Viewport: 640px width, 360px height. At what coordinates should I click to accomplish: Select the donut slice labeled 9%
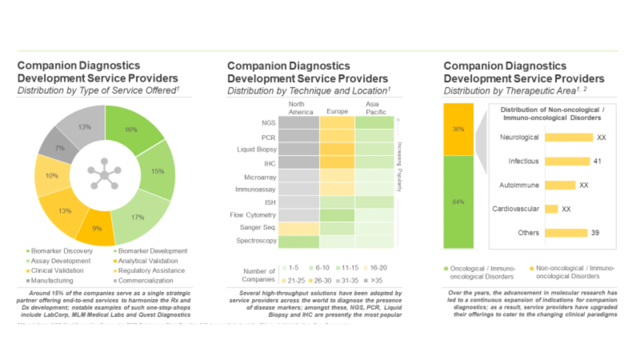tap(97, 228)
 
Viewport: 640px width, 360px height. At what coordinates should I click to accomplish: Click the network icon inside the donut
tap(104, 174)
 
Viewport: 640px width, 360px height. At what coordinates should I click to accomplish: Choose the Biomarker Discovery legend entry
tap(62, 251)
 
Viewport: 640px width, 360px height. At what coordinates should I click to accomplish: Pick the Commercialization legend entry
tap(145, 281)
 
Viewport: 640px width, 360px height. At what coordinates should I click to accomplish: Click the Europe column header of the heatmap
tap(337, 111)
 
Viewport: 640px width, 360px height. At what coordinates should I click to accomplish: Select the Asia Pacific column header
tap(375, 108)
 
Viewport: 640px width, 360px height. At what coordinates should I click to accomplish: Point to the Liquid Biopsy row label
tap(257, 149)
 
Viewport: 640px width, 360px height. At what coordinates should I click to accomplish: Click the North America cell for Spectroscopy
tap(299, 242)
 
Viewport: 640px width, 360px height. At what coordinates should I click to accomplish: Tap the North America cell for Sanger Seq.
tap(299, 229)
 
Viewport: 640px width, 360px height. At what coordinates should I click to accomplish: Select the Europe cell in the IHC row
tap(337, 162)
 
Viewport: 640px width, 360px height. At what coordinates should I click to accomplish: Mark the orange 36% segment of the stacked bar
tap(458, 129)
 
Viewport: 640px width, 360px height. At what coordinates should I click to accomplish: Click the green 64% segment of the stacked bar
tap(458, 202)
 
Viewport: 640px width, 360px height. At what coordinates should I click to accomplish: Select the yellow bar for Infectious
tap(567, 161)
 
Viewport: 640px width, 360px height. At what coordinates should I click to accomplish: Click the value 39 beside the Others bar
tap(595, 233)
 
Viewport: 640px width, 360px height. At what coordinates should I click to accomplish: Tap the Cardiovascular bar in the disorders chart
tap(551, 209)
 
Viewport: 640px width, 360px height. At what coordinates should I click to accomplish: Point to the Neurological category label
tap(519, 137)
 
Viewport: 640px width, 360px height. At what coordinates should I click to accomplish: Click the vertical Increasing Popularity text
tap(399, 167)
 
